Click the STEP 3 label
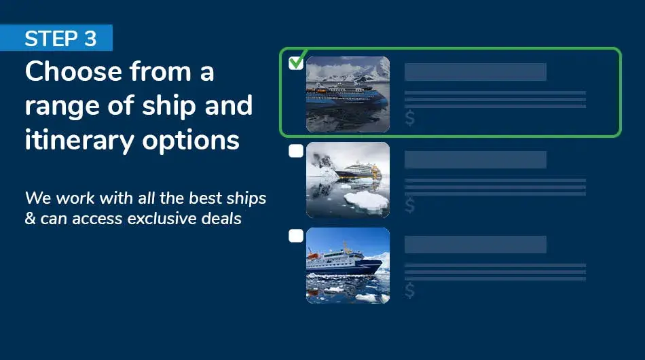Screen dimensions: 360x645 tap(60, 39)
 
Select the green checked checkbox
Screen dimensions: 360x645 tap(296, 63)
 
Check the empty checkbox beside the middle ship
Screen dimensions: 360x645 tap(296, 151)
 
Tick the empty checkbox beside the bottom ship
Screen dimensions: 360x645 tap(296, 236)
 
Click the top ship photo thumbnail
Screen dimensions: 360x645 tap(348, 94)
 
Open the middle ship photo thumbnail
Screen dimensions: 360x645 tap(348, 179)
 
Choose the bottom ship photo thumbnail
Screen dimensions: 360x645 tap(348, 265)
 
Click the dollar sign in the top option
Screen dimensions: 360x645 tap(410, 119)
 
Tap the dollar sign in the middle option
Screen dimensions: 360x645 tap(410, 204)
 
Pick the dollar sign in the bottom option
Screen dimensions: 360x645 tap(410, 290)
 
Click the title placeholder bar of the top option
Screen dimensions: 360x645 tap(475, 72)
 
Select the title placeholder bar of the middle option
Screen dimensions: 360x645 tap(475, 160)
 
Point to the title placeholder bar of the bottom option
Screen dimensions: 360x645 tap(475, 245)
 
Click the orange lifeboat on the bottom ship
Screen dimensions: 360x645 tap(314, 255)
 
